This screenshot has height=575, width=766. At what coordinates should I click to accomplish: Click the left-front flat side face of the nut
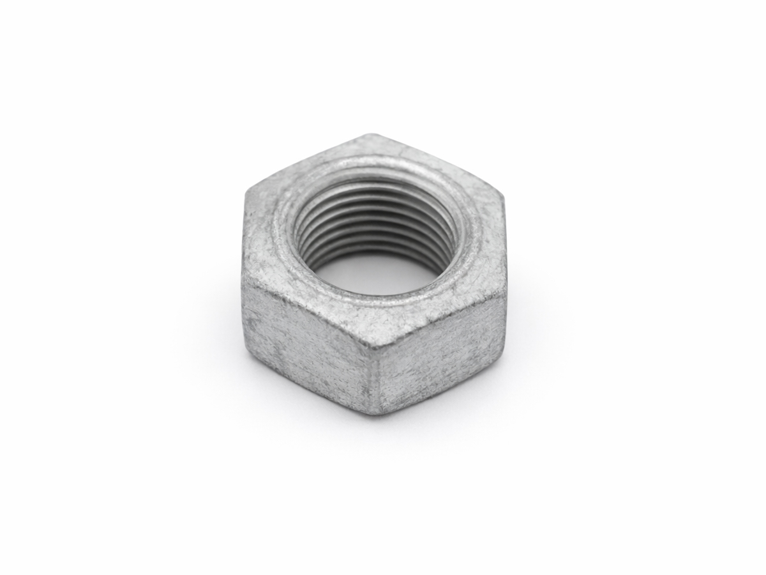(306, 345)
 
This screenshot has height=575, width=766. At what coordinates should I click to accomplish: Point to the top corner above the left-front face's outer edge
(243, 281)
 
